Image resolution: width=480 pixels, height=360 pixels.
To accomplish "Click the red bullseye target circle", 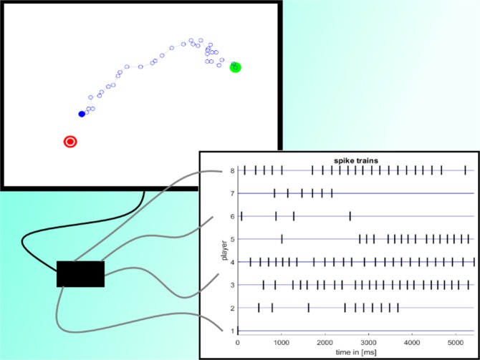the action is click(x=70, y=141).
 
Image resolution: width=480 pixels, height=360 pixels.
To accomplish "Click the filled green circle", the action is click(x=235, y=67).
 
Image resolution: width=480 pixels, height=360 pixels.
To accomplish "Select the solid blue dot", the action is click(x=82, y=114).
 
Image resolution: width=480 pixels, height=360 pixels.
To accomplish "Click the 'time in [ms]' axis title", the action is click(x=355, y=353).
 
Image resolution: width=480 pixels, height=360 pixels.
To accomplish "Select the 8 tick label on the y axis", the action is click(x=231, y=171).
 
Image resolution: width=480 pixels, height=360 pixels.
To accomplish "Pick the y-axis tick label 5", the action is click(x=231, y=240).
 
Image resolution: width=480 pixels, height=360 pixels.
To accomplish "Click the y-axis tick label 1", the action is click(x=231, y=331).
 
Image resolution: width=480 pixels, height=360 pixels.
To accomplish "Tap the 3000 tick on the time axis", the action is click(x=369, y=342).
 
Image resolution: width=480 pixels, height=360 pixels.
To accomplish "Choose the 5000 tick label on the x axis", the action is click(x=456, y=342).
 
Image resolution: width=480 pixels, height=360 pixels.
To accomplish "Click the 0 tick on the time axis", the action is click(x=238, y=342).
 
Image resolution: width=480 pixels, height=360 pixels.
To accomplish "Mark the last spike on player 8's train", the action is click(x=465, y=170).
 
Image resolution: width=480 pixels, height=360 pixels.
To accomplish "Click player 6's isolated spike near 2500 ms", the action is click(x=350, y=216).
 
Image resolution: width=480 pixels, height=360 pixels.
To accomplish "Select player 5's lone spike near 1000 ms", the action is click(x=282, y=239).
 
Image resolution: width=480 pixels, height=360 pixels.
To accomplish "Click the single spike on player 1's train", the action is click(x=238, y=331).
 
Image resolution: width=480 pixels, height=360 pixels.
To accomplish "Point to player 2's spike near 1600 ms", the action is click(x=308, y=308).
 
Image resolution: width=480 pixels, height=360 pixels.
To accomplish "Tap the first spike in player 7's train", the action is click(x=274, y=193).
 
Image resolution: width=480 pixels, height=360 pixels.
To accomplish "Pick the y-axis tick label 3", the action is click(x=231, y=286).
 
